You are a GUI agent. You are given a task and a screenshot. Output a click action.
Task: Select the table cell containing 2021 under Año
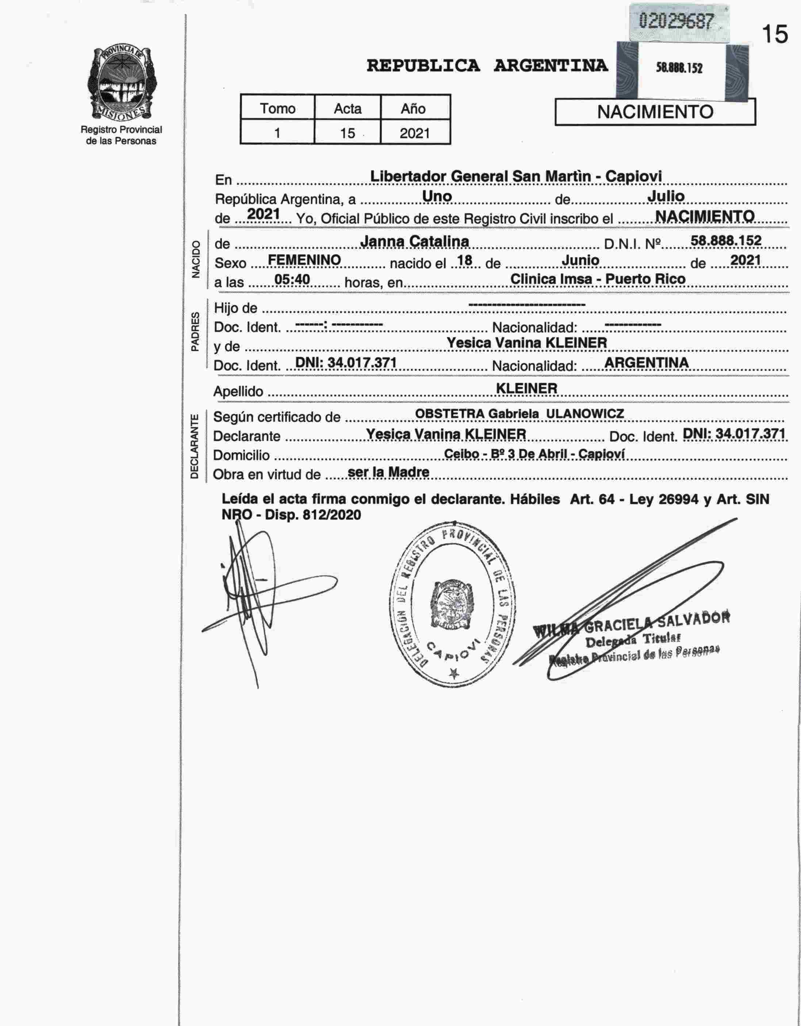point(414,133)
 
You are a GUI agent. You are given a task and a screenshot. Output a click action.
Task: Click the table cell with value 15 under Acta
point(348,133)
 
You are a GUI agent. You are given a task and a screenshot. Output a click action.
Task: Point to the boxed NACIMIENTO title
point(655,112)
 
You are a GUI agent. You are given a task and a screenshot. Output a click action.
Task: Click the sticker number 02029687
point(677,21)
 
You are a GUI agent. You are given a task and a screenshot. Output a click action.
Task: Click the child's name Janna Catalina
point(414,241)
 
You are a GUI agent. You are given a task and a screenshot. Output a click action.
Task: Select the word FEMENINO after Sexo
point(304,260)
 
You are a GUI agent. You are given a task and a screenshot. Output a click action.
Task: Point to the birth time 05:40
point(292,280)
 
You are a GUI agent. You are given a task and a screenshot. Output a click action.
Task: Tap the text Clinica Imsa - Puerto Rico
point(598,279)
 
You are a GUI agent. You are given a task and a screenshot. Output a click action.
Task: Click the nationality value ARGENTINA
point(647,362)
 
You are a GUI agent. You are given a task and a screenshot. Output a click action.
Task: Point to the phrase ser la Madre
point(388,472)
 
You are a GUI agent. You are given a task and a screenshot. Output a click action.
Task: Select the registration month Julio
point(666,196)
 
